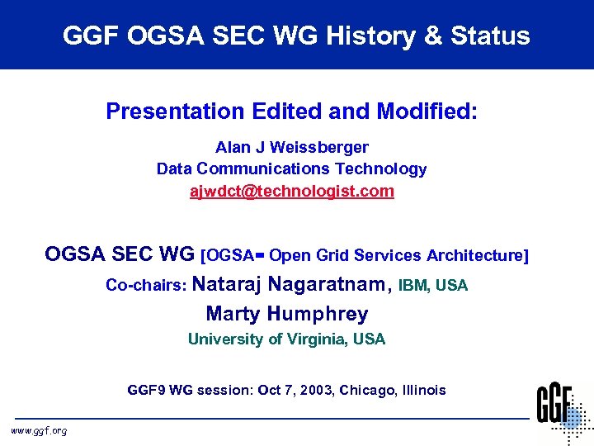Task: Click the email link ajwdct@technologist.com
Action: (x=292, y=192)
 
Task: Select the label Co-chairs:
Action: (x=147, y=286)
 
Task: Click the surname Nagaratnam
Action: (x=327, y=285)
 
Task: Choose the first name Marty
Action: (x=233, y=314)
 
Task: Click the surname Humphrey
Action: (x=318, y=314)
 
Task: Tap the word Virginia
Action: (x=316, y=339)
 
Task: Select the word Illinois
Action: (x=422, y=390)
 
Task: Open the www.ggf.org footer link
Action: (x=39, y=430)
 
